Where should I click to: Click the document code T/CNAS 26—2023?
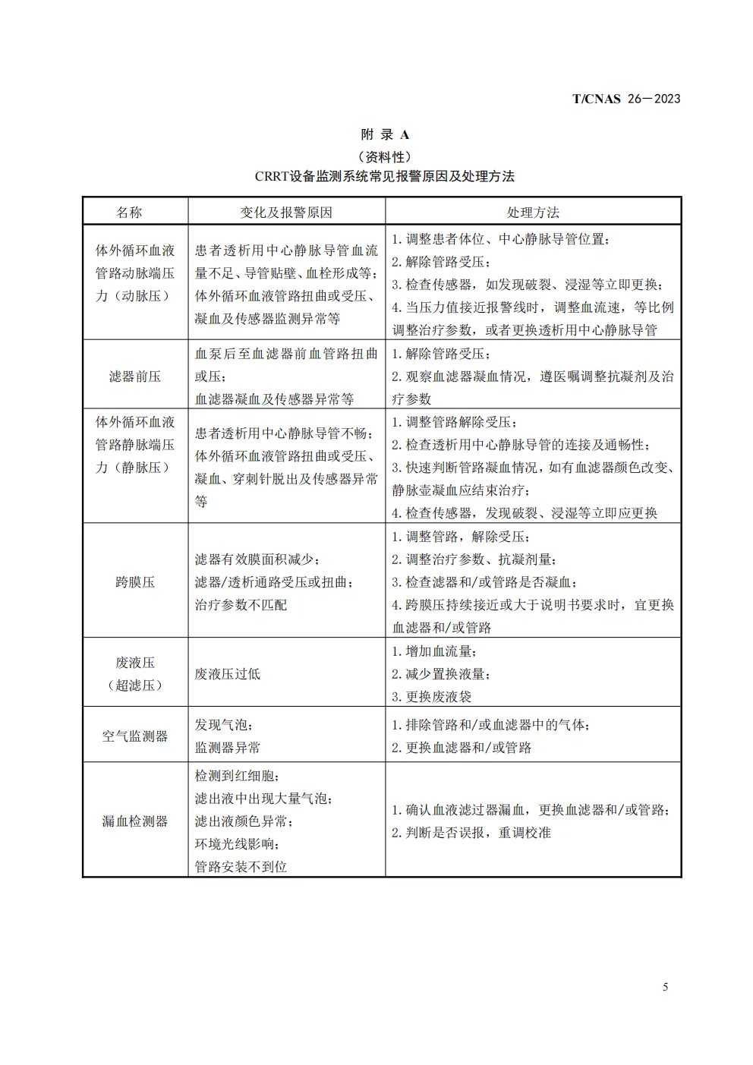pos(625,99)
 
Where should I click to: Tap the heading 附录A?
pos(385,135)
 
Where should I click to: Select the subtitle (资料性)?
pos(385,157)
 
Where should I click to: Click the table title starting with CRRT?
pos(385,177)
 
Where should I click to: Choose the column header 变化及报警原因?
pos(286,213)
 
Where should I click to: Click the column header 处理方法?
pos(533,213)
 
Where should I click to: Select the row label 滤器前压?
pos(135,377)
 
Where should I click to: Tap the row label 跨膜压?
pos(135,582)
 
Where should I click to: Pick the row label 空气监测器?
pos(135,736)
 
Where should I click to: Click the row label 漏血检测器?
pos(135,821)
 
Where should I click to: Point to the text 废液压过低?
pos(228,674)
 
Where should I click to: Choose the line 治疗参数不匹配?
pos(241,605)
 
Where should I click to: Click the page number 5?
pos(666,988)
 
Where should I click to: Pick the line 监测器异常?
pos(228,748)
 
